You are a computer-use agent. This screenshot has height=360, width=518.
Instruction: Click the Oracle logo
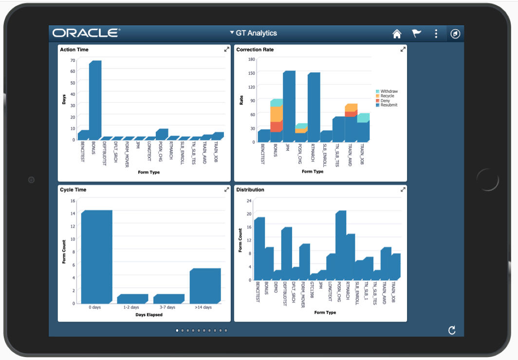pyautogui.click(x=86, y=33)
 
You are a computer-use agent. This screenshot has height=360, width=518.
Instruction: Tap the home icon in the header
pyautogui.click(x=397, y=34)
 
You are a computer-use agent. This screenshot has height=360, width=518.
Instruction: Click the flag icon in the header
pyautogui.click(x=416, y=34)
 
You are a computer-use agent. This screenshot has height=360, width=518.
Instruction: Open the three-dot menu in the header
pyautogui.click(x=436, y=34)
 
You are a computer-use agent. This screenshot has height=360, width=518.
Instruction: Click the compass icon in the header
pyautogui.click(x=455, y=34)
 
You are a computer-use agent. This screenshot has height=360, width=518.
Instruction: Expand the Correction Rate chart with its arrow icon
pyautogui.click(x=403, y=50)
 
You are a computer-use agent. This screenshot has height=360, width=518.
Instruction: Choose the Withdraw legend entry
pyautogui.click(x=388, y=91)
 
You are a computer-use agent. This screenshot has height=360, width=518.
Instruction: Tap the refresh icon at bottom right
pyautogui.click(x=452, y=331)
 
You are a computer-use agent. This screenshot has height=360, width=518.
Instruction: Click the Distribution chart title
pyautogui.click(x=250, y=190)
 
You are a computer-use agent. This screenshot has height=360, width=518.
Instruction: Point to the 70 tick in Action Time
pyautogui.click(x=73, y=60)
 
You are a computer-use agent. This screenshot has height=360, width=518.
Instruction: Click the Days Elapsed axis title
pyautogui.click(x=148, y=315)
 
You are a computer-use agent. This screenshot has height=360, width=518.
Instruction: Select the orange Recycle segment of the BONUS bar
pyautogui.click(x=276, y=114)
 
